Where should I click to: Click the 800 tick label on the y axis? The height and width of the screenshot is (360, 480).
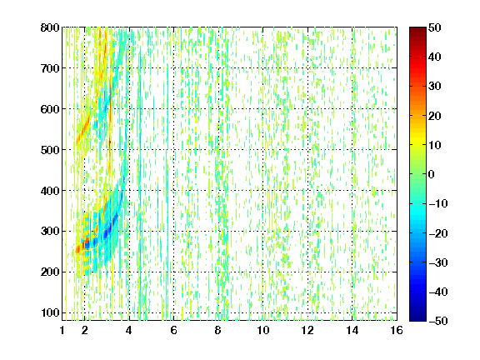(50, 27)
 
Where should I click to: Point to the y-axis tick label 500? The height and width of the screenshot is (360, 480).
(50, 150)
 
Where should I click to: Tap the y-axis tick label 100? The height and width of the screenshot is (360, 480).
(50, 313)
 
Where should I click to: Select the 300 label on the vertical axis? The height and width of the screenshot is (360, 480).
(50, 232)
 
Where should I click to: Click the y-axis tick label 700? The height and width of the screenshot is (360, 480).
(50, 68)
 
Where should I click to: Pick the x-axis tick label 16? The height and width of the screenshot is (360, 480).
(397, 330)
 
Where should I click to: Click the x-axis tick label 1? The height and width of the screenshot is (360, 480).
(62, 330)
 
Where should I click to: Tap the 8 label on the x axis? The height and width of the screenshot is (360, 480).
(217, 330)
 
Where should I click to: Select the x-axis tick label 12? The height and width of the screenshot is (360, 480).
(307, 330)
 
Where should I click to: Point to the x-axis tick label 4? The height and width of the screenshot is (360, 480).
(128, 330)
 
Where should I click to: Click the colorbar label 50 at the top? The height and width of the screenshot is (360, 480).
(434, 27)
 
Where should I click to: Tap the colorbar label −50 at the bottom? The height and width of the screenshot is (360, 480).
(438, 321)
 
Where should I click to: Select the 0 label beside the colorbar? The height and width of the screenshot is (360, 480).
(431, 174)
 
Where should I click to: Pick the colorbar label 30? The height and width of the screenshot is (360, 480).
(434, 87)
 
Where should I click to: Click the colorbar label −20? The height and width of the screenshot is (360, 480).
(438, 233)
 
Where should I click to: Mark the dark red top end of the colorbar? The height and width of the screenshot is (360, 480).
(417, 30)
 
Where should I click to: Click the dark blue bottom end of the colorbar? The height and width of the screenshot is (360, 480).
(417, 318)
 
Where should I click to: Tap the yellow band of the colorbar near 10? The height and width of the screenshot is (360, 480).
(417, 144)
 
